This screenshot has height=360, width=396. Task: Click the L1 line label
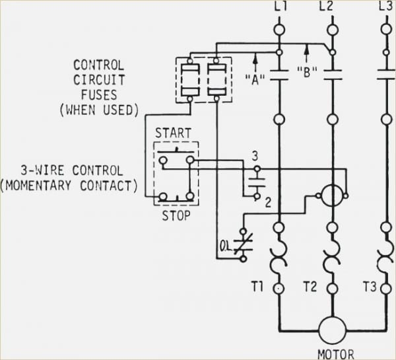point(279,7)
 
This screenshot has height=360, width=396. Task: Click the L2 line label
point(327,7)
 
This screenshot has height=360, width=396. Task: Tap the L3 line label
point(385,7)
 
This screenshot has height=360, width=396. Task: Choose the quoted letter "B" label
point(306,72)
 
